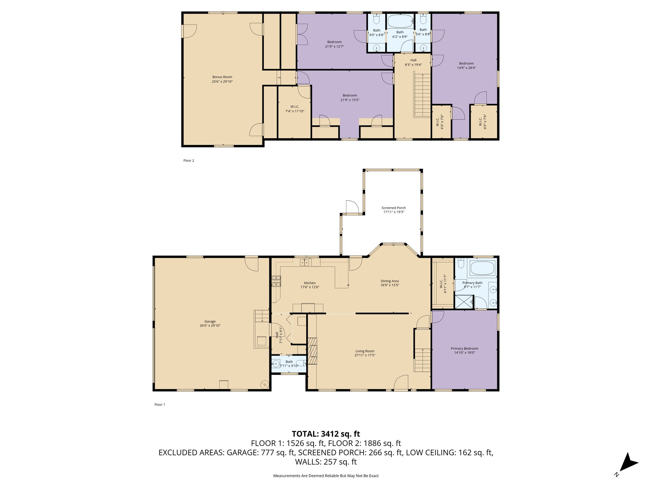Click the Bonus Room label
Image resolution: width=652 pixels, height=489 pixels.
pos(222,77)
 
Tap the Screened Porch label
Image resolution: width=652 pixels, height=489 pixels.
pos(393,208)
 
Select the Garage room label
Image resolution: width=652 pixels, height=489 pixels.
pos(210,322)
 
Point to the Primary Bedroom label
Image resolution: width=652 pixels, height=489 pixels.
pos(464,349)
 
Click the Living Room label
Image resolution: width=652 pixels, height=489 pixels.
pos(365,351)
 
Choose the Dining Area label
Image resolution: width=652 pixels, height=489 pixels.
pos(390,281)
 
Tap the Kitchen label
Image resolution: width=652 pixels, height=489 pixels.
pos(310,283)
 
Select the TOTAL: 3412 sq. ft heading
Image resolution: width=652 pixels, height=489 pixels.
pos(326,434)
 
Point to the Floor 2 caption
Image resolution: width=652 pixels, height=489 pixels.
pos(188,160)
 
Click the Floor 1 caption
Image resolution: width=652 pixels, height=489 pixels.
pos(160,405)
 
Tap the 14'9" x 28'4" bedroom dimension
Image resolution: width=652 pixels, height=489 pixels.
pos(466,68)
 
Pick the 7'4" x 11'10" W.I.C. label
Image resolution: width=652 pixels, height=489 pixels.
pos(295,111)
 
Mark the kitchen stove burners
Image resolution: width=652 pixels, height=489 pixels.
pos(276,281)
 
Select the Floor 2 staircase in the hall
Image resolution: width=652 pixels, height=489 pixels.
pos(422,95)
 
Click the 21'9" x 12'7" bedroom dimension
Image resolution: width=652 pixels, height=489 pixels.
pos(335,46)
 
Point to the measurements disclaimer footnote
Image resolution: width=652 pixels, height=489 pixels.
pos(326,476)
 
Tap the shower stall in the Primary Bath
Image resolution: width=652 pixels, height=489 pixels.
pos(464,302)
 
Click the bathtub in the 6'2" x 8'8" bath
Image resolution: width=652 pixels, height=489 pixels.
pos(400,21)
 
